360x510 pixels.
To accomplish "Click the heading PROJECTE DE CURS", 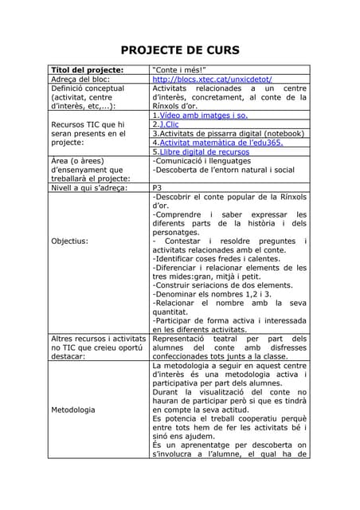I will click(180, 50).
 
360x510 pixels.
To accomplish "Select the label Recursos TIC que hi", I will click(87, 124).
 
